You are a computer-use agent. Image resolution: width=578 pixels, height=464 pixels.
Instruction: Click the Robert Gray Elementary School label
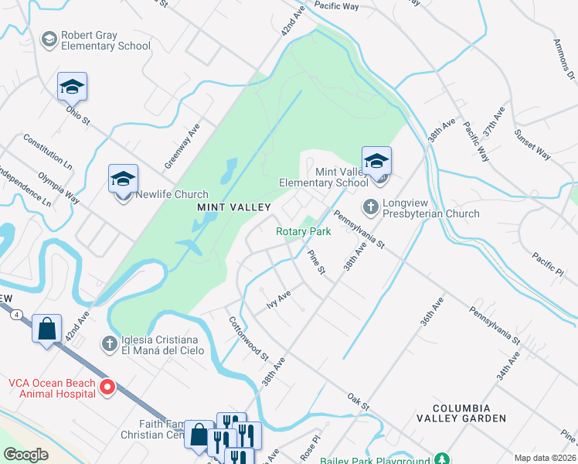(106, 40)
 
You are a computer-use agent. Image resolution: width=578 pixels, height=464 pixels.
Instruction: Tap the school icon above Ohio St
(72, 87)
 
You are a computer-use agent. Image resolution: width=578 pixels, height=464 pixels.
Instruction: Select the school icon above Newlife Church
(123, 179)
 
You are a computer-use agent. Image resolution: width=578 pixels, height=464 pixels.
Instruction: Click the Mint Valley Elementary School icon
(376, 161)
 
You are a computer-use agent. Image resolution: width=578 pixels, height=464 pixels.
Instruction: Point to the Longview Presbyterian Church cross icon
(370, 206)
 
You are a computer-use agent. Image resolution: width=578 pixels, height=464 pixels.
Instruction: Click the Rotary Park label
(304, 231)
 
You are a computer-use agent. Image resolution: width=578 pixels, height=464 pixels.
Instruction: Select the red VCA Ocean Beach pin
(108, 387)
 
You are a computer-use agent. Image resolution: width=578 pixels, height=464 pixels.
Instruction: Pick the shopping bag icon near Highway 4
(46, 329)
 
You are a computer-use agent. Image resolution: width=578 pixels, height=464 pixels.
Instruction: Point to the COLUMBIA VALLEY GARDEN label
(471, 413)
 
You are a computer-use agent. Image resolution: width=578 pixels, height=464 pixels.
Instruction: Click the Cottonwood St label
(247, 338)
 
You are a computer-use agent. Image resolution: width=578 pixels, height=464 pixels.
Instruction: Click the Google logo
(26, 455)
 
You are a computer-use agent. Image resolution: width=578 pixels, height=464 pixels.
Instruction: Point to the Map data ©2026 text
(545, 458)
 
